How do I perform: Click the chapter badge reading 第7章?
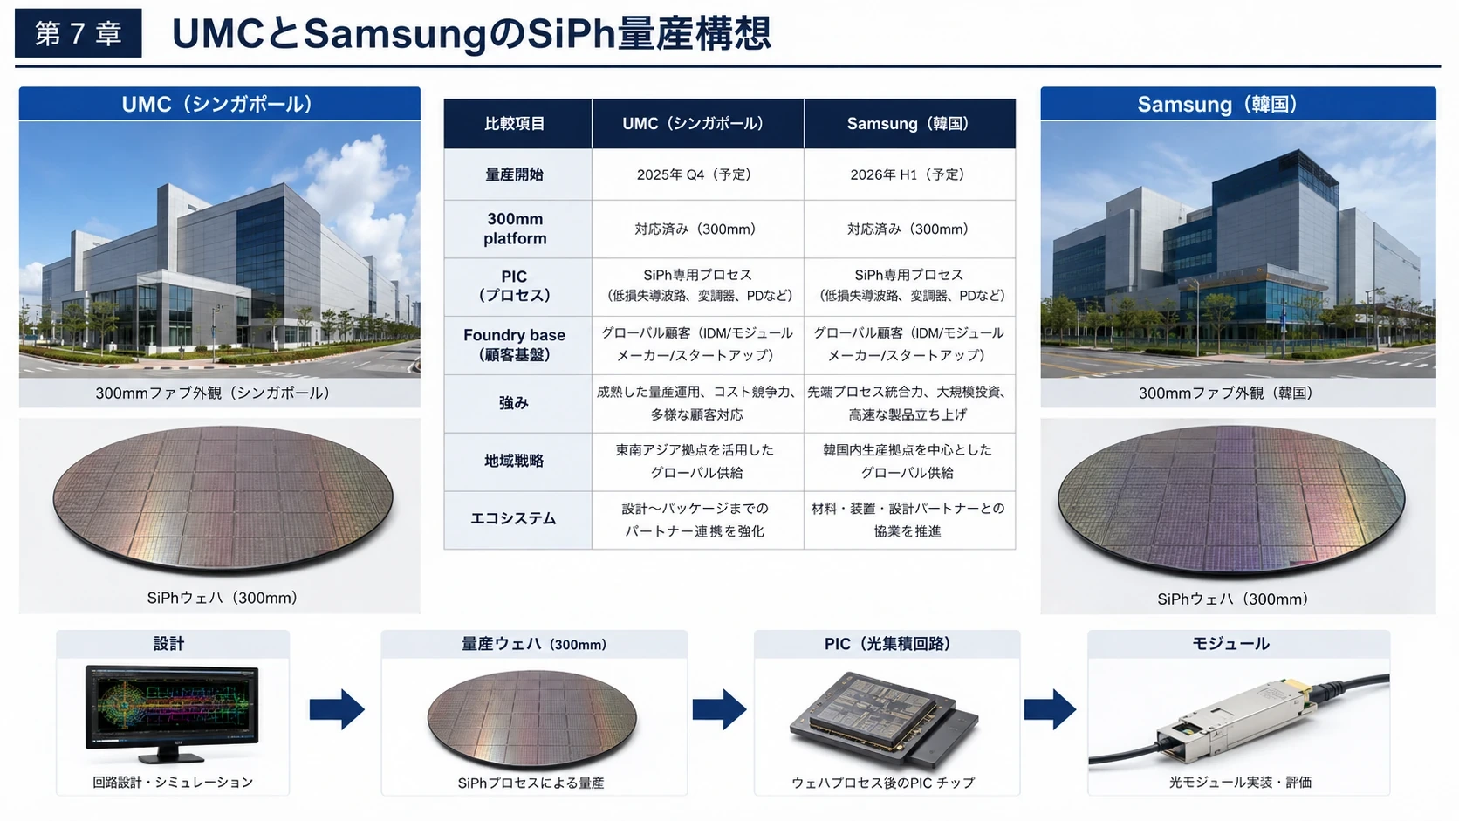79,33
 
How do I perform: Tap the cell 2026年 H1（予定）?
909,174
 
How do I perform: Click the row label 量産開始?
515,174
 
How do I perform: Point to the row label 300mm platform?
515,229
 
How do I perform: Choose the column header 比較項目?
515,124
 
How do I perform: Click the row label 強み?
514,403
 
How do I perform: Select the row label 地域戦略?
514,461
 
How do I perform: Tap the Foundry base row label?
514,345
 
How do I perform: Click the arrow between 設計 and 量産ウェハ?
337,709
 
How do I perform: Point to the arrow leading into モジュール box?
1050,709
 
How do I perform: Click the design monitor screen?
172,707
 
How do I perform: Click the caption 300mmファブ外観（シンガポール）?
213,393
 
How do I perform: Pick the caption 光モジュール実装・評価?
1240,782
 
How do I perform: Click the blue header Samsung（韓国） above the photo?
1237,104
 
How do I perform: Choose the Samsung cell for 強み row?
909,403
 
